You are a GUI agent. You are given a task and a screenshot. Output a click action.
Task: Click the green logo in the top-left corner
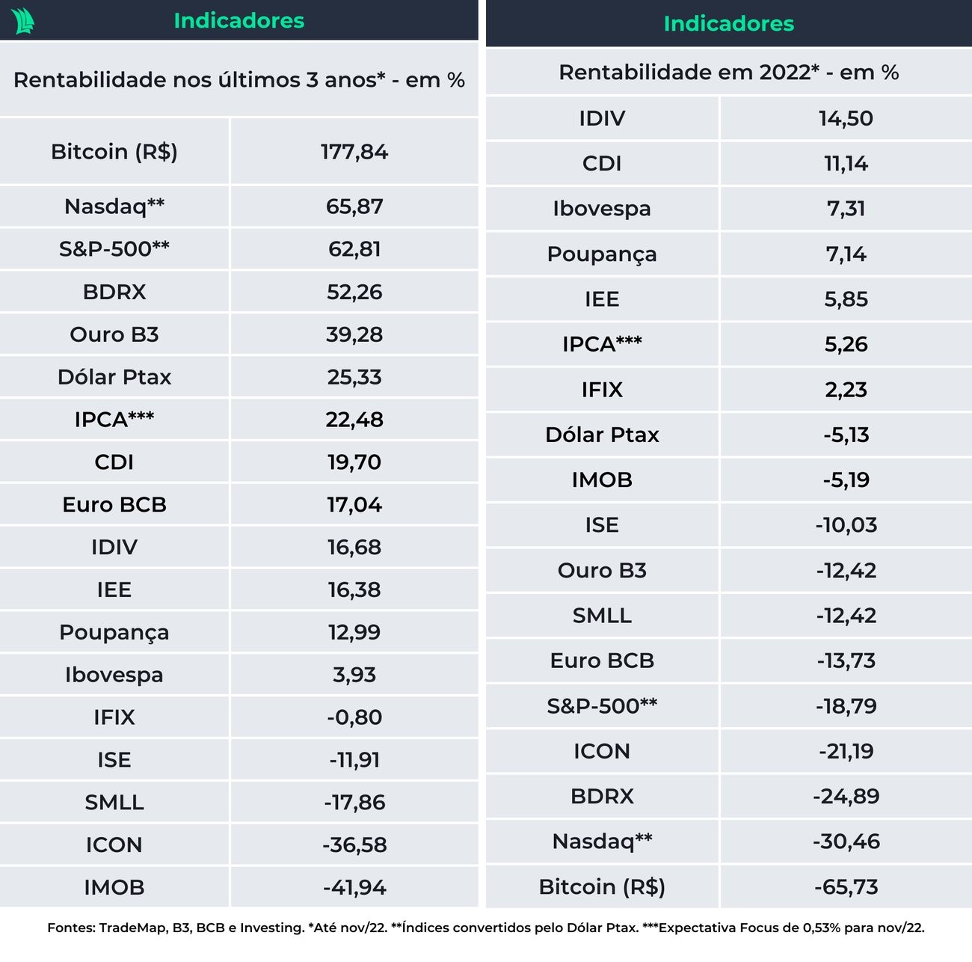coord(23,21)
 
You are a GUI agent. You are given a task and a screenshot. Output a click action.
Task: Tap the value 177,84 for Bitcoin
coord(354,152)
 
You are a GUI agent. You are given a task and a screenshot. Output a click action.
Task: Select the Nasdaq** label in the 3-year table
coord(114,206)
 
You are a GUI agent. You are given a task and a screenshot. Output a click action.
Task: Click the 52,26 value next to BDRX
coord(354,292)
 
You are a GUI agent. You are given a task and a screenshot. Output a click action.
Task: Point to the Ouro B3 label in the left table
coord(114,334)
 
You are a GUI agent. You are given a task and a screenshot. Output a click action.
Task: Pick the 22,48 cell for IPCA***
coord(354,420)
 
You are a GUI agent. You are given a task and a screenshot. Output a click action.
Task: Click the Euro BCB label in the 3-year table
coord(114,505)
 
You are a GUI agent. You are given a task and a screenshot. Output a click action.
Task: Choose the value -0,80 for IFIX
coord(354,717)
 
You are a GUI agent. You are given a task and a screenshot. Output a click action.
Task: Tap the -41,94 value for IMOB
coord(354,887)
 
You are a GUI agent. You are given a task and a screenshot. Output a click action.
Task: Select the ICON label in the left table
coord(114,845)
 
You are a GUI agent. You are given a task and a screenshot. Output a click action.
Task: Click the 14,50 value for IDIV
coord(846,118)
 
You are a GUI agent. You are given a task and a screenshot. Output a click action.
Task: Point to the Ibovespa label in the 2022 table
coord(602,209)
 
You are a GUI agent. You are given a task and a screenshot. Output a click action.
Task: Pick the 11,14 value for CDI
coord(846,163)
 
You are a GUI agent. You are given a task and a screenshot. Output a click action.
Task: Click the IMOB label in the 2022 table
coord(602,480)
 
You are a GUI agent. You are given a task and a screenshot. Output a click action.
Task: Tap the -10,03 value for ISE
coord(846,525)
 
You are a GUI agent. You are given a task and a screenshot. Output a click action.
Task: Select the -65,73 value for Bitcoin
coord(846,886)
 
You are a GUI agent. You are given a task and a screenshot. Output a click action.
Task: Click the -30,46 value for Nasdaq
coord(846,842)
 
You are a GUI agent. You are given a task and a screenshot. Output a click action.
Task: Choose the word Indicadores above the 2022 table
coord(729,24)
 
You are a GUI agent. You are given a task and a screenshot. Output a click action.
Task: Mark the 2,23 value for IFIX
coord(846,390)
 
